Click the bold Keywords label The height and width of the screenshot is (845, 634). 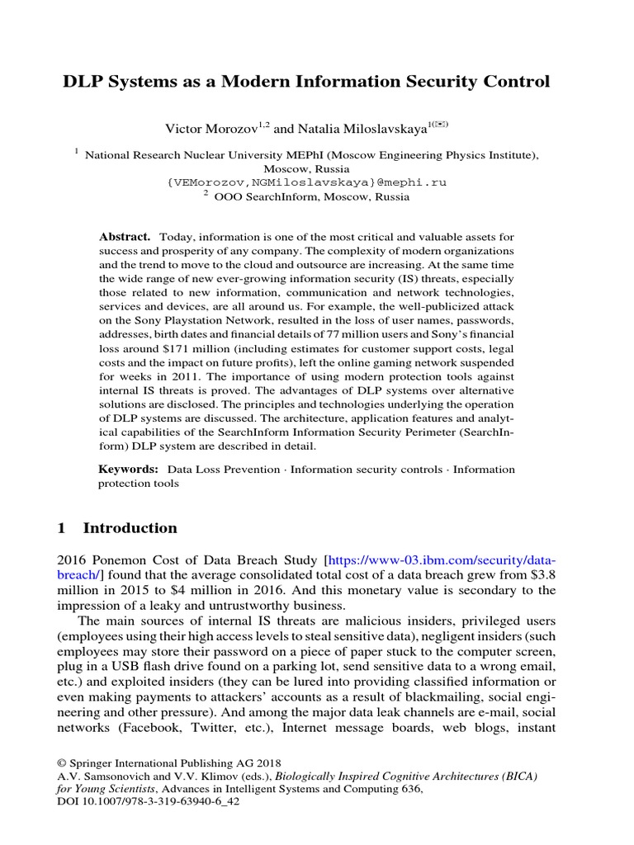click(x=128, y=469)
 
